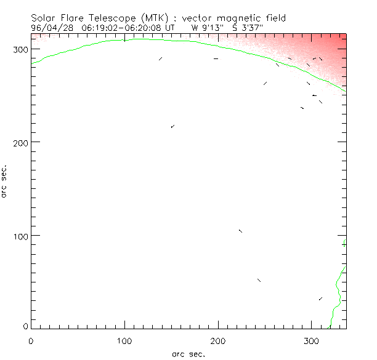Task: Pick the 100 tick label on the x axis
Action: click(x=124, y=340)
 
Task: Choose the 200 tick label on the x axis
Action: click(x=218, y=340)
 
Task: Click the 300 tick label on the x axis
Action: click(x=312, y=340)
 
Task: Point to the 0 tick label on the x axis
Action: click(x=31, y=340)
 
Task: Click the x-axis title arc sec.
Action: click(x=188, y=354)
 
